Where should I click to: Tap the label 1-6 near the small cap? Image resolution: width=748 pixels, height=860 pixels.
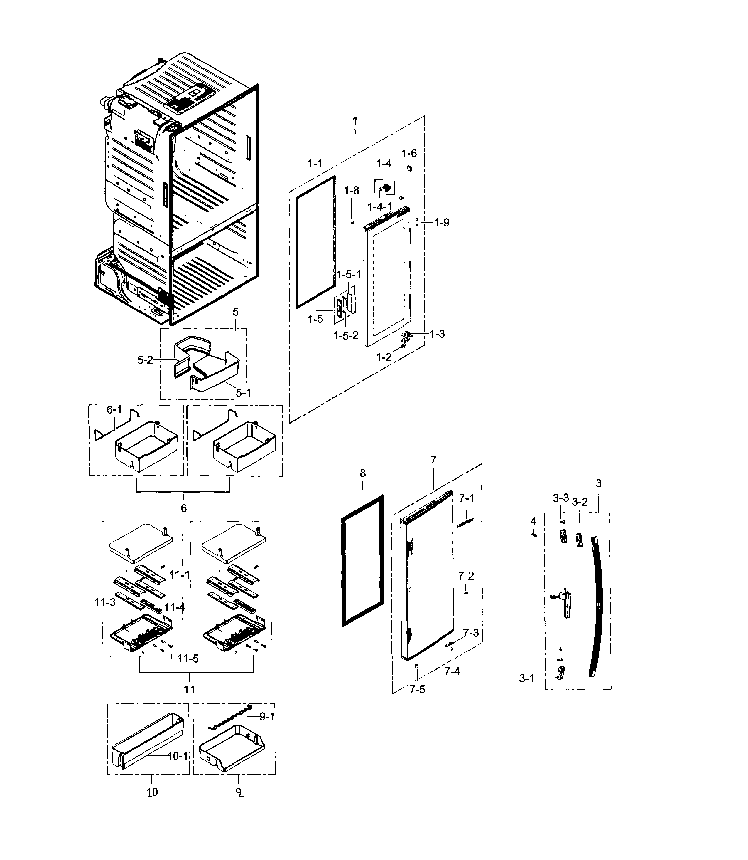(x=409, y=153)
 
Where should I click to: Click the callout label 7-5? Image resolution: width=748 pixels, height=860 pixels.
(x=417, y=690)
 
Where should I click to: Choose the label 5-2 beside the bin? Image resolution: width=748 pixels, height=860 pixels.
(x=145, y=360)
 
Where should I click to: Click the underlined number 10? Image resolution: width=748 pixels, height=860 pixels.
(x=153, y=792)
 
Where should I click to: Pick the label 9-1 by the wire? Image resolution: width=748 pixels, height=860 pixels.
(x=267, y=716)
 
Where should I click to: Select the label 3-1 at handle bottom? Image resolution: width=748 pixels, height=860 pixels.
(x=526, y=679)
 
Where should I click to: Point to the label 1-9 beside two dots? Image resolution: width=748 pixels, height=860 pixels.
(x=442, y=223)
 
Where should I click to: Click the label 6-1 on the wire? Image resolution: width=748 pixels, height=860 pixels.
(x=114, y=410)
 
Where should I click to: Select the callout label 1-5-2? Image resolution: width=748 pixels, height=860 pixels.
(x=346, y=335)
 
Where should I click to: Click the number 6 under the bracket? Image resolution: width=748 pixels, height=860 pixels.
(x=184, y=508)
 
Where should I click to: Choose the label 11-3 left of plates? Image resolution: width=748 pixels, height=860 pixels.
(x=105, y=602)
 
